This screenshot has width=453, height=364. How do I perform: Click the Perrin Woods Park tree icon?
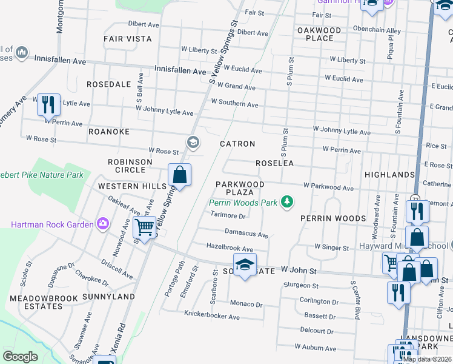(x=288, y=203)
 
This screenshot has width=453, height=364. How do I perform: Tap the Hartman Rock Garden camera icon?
(x=103, y=224)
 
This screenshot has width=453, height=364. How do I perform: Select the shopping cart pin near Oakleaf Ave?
(x=144, y=227)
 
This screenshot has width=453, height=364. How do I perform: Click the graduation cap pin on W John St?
(x=245, y=266)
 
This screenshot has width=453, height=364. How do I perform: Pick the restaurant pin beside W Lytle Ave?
(x=48, y=104)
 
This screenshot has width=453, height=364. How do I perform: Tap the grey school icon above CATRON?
(x=193, y=143)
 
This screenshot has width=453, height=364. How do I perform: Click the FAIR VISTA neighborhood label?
(x=127, y=38)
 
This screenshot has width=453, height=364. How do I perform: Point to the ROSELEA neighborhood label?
(x=274, y=163)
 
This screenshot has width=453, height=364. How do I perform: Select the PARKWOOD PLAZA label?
(x=240, y=188)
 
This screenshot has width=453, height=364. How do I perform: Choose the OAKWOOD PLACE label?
(x=319, y=34)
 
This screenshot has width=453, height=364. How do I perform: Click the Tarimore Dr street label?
(x=227, y=215)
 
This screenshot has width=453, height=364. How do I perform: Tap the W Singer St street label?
(x=331, y=248)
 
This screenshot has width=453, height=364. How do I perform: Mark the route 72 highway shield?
(x=415, y=198)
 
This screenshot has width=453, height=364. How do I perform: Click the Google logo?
(x=20, y=357)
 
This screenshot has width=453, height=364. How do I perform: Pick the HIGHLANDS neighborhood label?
(x=389, y=175)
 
